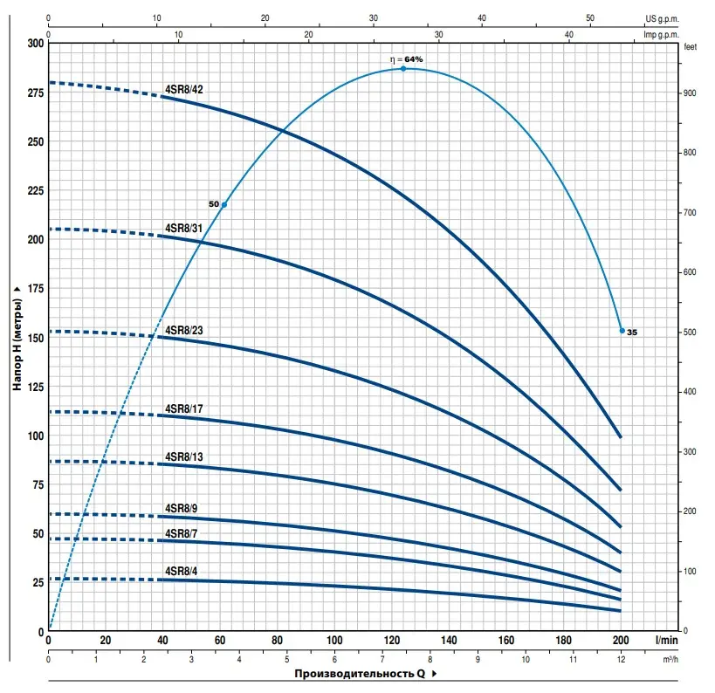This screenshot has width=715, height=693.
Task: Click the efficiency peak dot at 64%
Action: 403,68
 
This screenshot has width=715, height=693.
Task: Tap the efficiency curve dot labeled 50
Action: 224,205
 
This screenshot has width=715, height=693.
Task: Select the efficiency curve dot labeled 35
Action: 622,331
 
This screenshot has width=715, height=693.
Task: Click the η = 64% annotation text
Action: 407,59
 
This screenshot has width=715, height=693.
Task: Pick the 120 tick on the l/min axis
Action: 392,641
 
